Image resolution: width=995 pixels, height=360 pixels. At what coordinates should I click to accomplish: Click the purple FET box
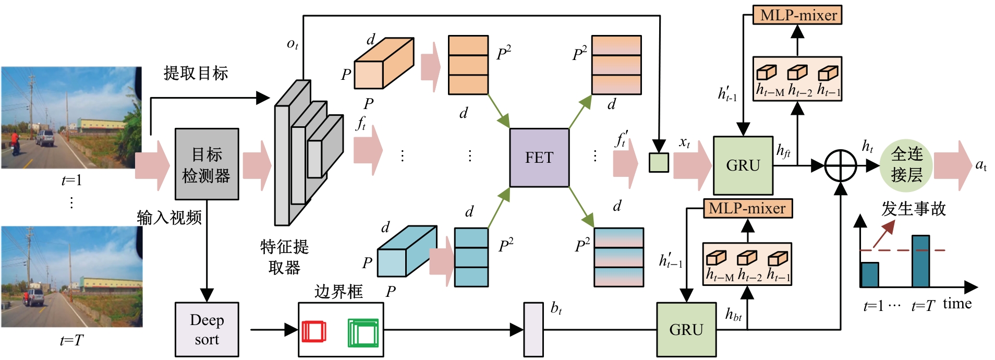coord(539,158)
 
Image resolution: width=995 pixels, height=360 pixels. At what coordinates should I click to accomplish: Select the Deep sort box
coord(207,329)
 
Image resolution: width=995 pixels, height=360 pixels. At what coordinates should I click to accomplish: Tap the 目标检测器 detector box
coord(207,164)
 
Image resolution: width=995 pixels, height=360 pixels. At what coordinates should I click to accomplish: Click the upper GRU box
coord(743,165)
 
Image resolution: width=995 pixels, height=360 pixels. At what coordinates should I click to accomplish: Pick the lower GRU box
coord(686,329)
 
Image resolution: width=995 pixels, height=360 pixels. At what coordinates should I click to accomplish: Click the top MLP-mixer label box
coord(797,15)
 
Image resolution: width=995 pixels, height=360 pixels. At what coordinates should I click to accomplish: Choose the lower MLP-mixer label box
coord(747,208)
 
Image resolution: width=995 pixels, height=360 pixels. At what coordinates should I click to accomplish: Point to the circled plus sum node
coord(840,166)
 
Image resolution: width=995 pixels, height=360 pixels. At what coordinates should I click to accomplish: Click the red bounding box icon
coord(313,331)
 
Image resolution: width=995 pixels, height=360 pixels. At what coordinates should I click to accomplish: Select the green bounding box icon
coord(363,333)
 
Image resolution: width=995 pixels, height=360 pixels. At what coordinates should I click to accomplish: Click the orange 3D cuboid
coord(384,63)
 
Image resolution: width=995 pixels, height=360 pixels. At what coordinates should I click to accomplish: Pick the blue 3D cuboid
coord(407,251)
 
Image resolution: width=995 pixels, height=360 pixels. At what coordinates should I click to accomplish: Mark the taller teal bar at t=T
coord(920,261)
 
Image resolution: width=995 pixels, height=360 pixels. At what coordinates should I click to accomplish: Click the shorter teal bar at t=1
coord(869,274)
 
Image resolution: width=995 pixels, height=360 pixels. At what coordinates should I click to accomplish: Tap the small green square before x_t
coord(659,162)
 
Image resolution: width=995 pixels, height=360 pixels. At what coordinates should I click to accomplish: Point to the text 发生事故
coord(913,209)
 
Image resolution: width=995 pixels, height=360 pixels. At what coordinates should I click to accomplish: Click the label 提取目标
coord(196,73)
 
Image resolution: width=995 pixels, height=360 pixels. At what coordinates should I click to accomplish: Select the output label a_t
coord(980,165)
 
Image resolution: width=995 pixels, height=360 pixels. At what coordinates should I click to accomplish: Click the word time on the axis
coord(957,304)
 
